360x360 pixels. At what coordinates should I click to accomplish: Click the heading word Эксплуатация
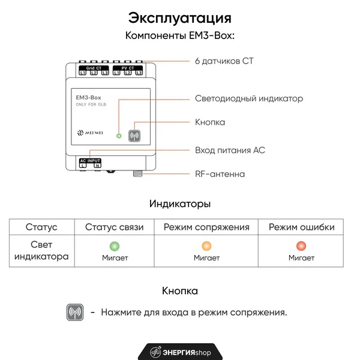pos(180,18)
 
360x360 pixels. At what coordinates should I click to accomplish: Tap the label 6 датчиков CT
pos(224,61)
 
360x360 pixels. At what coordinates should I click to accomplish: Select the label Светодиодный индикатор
pos(249,98)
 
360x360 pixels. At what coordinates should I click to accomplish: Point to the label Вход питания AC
pos(230,150)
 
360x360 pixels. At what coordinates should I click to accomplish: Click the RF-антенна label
pos(220,174)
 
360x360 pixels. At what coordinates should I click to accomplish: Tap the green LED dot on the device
pos(119,136)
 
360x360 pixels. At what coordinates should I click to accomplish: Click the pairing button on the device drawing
pos(134,136)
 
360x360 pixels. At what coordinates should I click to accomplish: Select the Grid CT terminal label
pos(94,68)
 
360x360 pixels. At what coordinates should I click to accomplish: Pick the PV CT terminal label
pos(128,68)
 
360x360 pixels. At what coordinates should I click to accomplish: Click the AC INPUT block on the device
pos(90,163)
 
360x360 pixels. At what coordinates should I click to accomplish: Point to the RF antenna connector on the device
pos(138,173)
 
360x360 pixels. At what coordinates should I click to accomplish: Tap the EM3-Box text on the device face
pos(88,98)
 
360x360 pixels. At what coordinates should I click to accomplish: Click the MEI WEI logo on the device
pos(90,133)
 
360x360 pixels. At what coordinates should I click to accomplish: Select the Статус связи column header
pos(115,227)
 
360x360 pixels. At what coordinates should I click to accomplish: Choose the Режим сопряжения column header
pos(206,227)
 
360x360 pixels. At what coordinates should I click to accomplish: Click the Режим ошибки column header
pos(301,227)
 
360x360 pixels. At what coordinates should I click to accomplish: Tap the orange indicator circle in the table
pos(206,246)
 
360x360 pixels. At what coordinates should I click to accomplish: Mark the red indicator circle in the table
pos(301,246)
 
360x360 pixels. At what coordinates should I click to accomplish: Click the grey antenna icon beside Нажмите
pos(75,312)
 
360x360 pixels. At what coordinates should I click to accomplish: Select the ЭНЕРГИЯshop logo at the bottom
pos(180,352)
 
